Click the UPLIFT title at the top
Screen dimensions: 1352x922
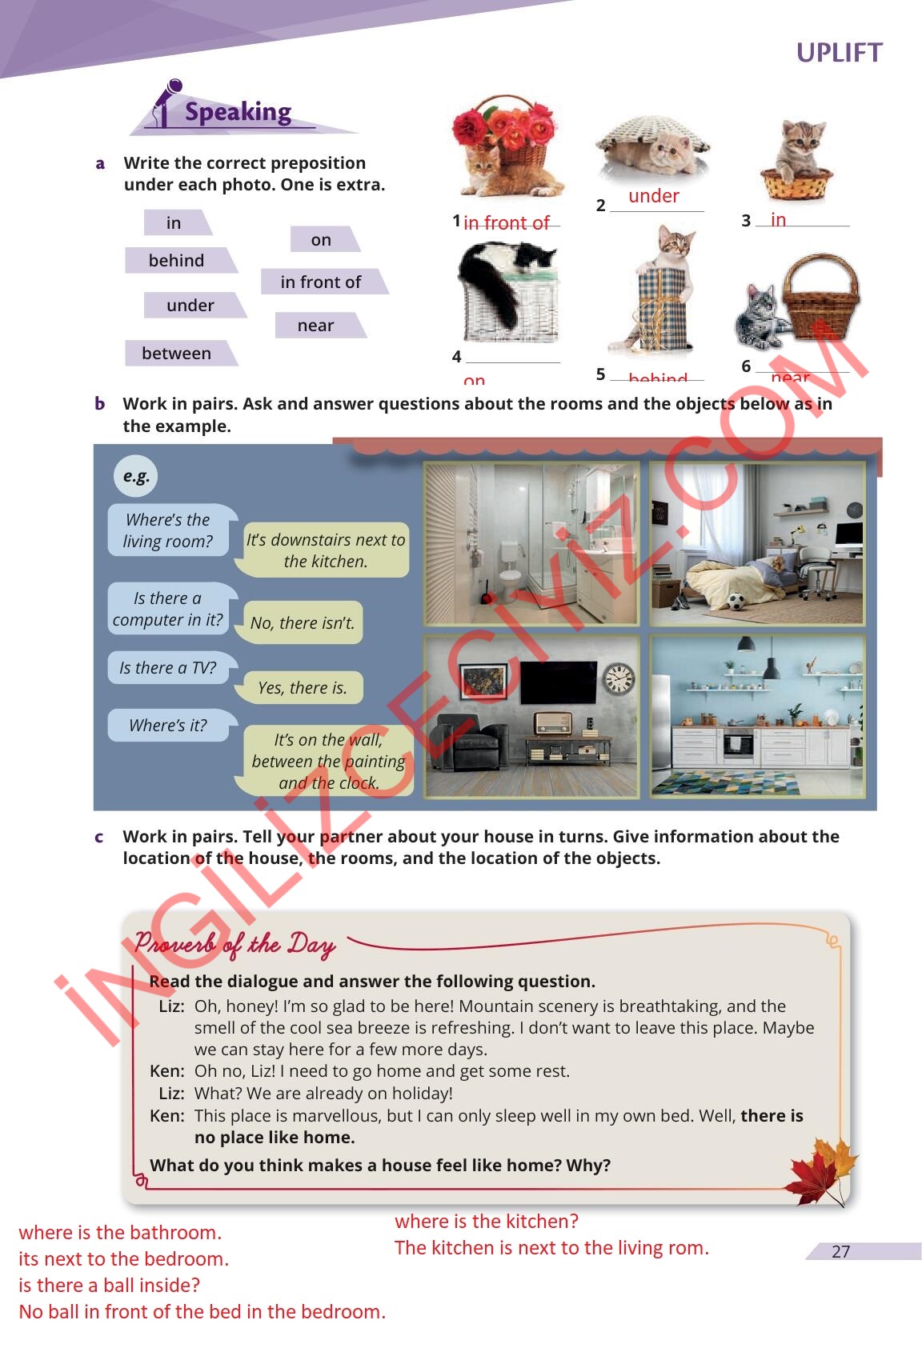pyautogui.click(x=839, y=53)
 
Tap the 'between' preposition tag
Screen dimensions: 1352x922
pyautogui.click(x=177, y=353)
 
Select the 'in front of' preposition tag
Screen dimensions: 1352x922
pyautogui.click(x=320, y=282)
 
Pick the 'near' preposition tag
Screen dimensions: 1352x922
pyautogui.click(x=315, y=326)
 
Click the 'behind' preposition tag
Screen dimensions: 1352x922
pyautogui.click(x=176, y=261)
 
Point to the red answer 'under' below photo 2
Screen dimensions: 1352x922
pyautogui.click(x=653, y=196)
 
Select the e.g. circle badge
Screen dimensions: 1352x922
pyautogui.click(x=136, y=476)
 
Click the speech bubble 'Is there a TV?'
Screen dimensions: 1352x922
pyautogui.click(x=168, y=668)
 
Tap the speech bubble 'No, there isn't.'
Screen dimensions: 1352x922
pyautogui.click(x=302, y=622)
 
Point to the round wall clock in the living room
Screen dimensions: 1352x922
pyautogui.click(x=618, y=678)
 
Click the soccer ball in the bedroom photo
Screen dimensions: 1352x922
pyautogui.click(x=736, y=601)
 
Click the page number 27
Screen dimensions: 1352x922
pyautogui.click(x=840, y=1251)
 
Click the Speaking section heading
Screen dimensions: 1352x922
pyautogui.click(x=238, y=112)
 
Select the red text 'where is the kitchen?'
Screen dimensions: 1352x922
pyautogui.click(x=487, y=1222)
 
